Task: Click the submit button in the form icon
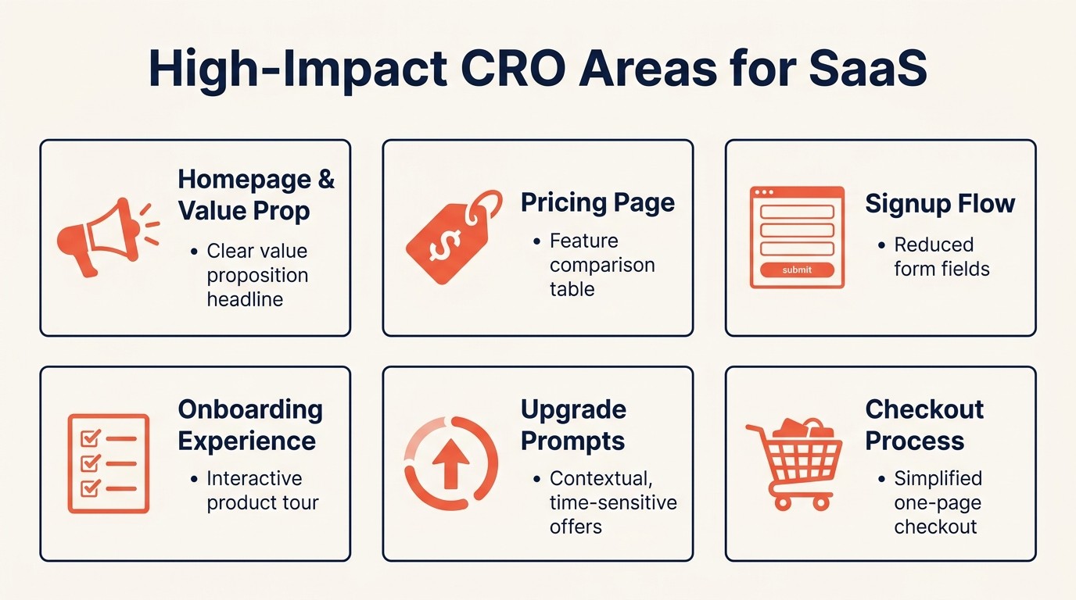(797, 270)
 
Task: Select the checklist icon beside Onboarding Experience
(108, 463)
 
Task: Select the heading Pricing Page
(597, 203)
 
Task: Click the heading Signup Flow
(940, 204)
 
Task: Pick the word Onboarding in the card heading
(250, 409)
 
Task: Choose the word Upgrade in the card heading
(573, 409)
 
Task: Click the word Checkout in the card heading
(924, 409)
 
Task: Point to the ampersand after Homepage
(325, 180)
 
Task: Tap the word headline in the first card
(245, 299)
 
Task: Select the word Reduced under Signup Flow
(934, 245)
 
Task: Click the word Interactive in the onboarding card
(254, 478)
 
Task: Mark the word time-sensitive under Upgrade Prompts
(613, 502)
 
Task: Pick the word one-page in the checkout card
(938, 502)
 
